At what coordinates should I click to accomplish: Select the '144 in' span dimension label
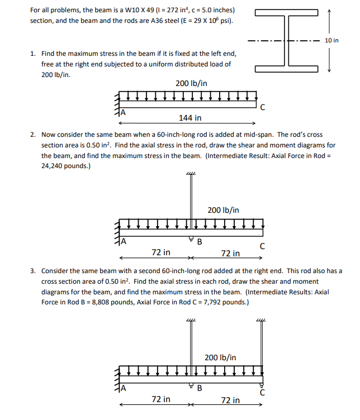(x=190, y=118)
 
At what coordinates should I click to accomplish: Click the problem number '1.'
(x=34, y=54)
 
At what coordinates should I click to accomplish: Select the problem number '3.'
(x=34, y=271)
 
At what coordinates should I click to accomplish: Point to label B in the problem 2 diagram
(x=200, y=242)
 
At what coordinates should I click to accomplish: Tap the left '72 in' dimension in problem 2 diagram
(x=162, y=253)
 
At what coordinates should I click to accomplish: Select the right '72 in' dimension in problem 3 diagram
(x=230, y=400)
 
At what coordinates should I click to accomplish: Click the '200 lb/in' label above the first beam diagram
(x=191, y=83)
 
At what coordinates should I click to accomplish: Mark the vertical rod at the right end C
(x=260, y=352)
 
